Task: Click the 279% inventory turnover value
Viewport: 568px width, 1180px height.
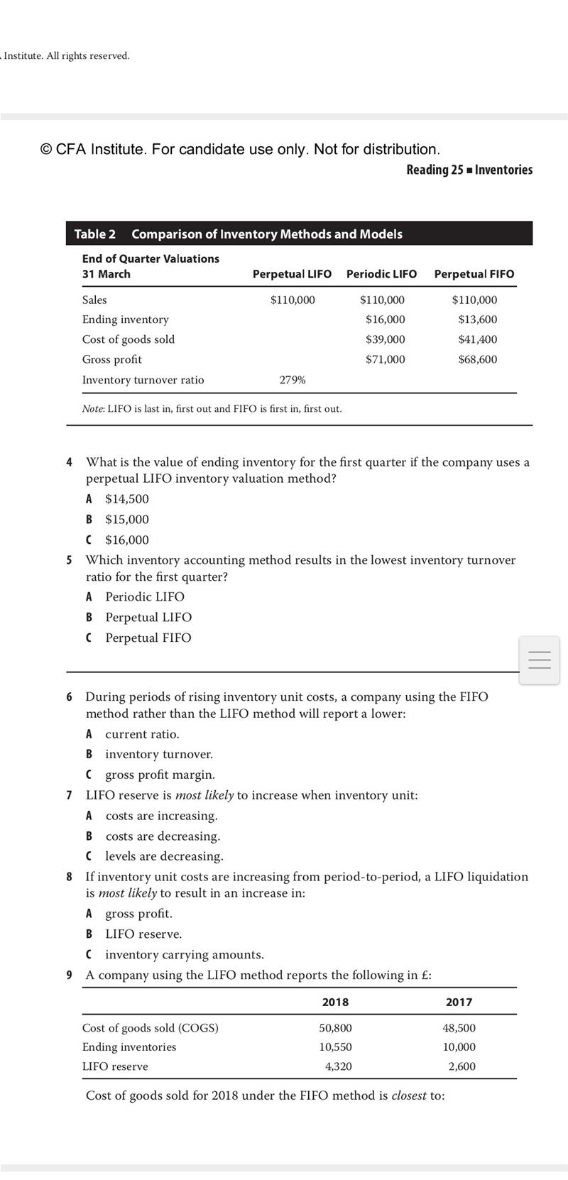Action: coord(293,380)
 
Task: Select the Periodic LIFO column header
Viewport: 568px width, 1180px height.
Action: coord(381,274)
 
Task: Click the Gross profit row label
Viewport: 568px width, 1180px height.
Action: coord(111,359)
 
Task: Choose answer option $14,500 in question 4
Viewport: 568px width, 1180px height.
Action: coord(126,499)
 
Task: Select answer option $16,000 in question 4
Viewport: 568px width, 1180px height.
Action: coord(126,540)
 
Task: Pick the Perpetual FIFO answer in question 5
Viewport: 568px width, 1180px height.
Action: coord(148,638)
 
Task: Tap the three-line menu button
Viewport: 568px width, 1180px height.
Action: coord(539,660)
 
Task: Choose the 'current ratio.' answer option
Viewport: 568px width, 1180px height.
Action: coord(142,734)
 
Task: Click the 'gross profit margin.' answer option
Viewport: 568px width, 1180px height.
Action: coord(160,775)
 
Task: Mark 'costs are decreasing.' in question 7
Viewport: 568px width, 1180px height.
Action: coord(163,836)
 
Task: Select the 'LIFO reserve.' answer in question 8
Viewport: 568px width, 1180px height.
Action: coord(143,934)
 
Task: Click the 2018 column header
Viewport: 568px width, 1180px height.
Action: coord(335,1002)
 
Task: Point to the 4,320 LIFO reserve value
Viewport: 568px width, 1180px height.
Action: coord(338,1066)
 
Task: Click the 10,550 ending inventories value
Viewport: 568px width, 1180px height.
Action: coord(336,1047)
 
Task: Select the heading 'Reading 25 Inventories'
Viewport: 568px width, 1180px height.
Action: coord(469,170)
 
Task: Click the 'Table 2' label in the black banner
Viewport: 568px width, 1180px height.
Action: coord(95,234)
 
